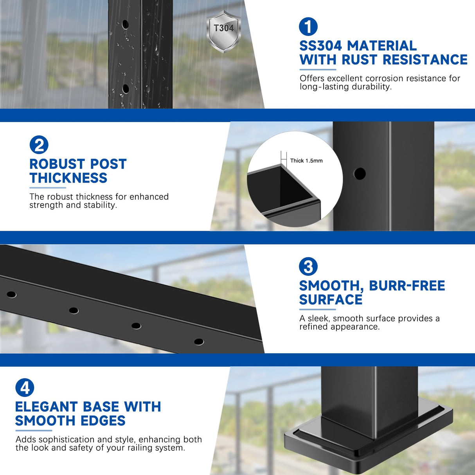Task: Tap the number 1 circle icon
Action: point(308,27)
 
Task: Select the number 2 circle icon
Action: point(39,145)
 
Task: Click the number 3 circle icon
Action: point(308,267)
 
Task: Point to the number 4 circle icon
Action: point(25,388)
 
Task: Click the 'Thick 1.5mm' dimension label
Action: point(306,161)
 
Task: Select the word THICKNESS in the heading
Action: point(68,178)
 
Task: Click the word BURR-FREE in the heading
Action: point(407,286)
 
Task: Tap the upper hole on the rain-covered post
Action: point(125,24)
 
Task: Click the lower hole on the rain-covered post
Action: point(125,88)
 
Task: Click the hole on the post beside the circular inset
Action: point(360,174)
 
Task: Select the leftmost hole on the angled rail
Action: point(11,294)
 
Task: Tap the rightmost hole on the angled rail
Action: point(199,342)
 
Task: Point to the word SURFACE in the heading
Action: point(331,300)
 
